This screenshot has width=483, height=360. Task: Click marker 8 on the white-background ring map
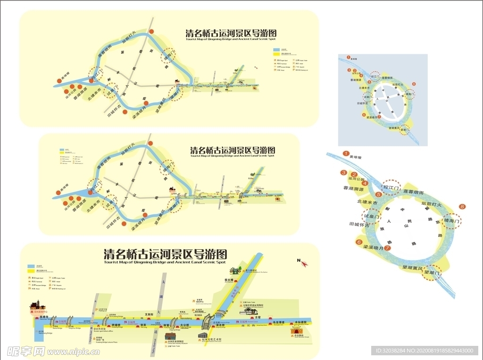[x=462, y=206]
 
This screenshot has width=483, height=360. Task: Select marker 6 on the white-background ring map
[x=359, y=242]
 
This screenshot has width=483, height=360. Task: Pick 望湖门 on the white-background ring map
[x=432, y=272]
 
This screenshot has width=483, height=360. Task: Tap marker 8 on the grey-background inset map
[x=414, y=84]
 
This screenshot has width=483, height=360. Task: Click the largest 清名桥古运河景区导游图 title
[x=165, y=254]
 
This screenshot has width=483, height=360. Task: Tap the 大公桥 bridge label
[x=184, y=325]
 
